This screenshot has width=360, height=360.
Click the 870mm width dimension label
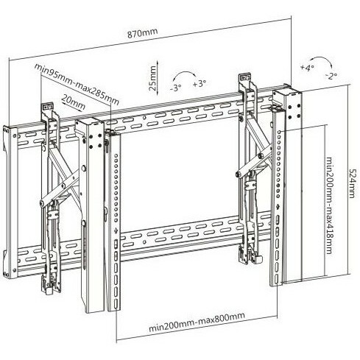[x=142, y=33]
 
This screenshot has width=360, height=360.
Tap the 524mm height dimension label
[x=352, y=183]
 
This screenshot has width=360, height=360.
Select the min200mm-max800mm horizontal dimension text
[x=197, y=322]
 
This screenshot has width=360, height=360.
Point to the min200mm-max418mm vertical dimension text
[x=329, y=205]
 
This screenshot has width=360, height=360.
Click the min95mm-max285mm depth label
[x=77, y=84]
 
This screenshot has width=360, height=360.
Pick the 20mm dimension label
[x=74, y=102]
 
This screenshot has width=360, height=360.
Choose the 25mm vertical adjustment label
[x=152, y=78]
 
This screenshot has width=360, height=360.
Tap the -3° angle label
[x=176, y=88]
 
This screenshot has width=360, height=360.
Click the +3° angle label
[x=200, y=84]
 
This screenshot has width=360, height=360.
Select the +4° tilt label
[x=307, y=67]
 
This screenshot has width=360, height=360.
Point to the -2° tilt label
[x=331, y=76]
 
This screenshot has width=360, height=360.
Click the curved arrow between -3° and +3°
[x=184, y=72]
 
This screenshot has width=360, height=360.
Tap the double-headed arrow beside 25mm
[x=157, y=77]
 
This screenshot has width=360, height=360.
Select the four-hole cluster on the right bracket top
[x=294, y=111]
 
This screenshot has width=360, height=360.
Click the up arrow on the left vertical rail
[x=116, y=230]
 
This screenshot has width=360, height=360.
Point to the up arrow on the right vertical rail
[x=278, y=206]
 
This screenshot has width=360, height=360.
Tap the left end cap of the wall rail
[x=10, y=202]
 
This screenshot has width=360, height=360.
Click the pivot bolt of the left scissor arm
[x=63, y=186]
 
